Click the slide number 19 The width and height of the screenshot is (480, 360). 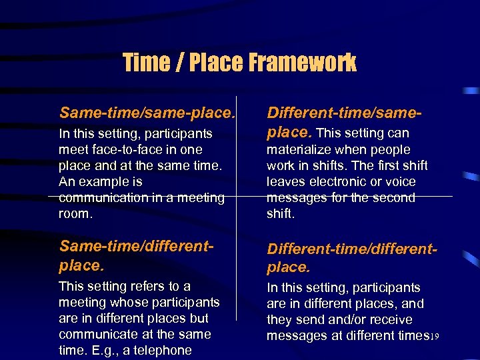[x=434, y=337]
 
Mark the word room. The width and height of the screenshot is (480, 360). [x=74, y=214]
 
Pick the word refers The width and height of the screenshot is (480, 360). [x=147, y=287]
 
